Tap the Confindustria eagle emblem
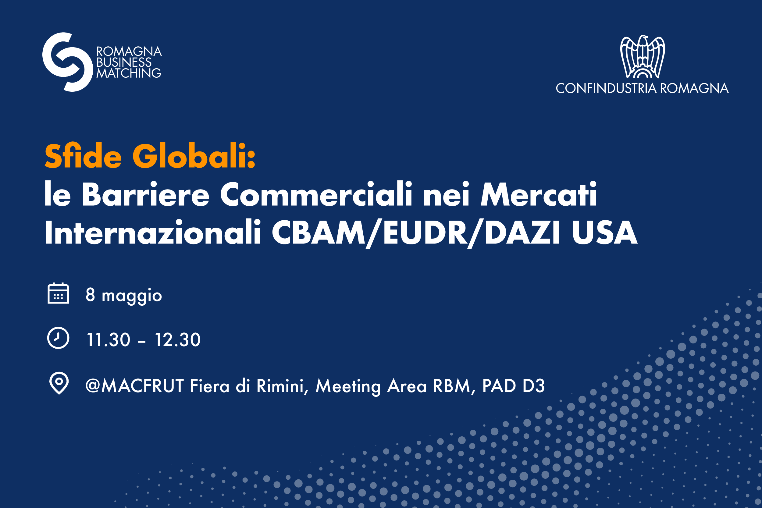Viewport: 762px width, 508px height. pyautogui.click(x=643, y=57)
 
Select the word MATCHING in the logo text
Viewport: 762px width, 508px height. pyautogui.click(x=129, y=73)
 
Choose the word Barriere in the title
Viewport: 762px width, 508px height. pyautogui.click(x=145, y=194)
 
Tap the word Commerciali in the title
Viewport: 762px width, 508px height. pyautogui.click(x=316, y=194)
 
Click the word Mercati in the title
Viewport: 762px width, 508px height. pyautogui.click(x=538, y=194)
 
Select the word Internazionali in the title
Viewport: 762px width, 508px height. pyautogui.click(x=153, y=232)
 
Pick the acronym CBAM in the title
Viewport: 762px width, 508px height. pyautogui.click(x=319, y=232)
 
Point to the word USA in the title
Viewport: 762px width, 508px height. pyautogui.click(x=604, y=232)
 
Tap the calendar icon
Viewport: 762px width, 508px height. pyautogui.click(x=58, y=293)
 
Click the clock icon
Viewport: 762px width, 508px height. pyautogui.click(x=58, y=338)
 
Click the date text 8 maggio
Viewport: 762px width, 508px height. pyautogui.click(x=124, y=296)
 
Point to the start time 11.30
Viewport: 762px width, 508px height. pyautogui.click(x=109, y=340)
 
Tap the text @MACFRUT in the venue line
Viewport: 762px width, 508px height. pyautogui.click(x=134, y=385)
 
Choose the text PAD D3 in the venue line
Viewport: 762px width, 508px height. pyautogui.click(x=513, y=385)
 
